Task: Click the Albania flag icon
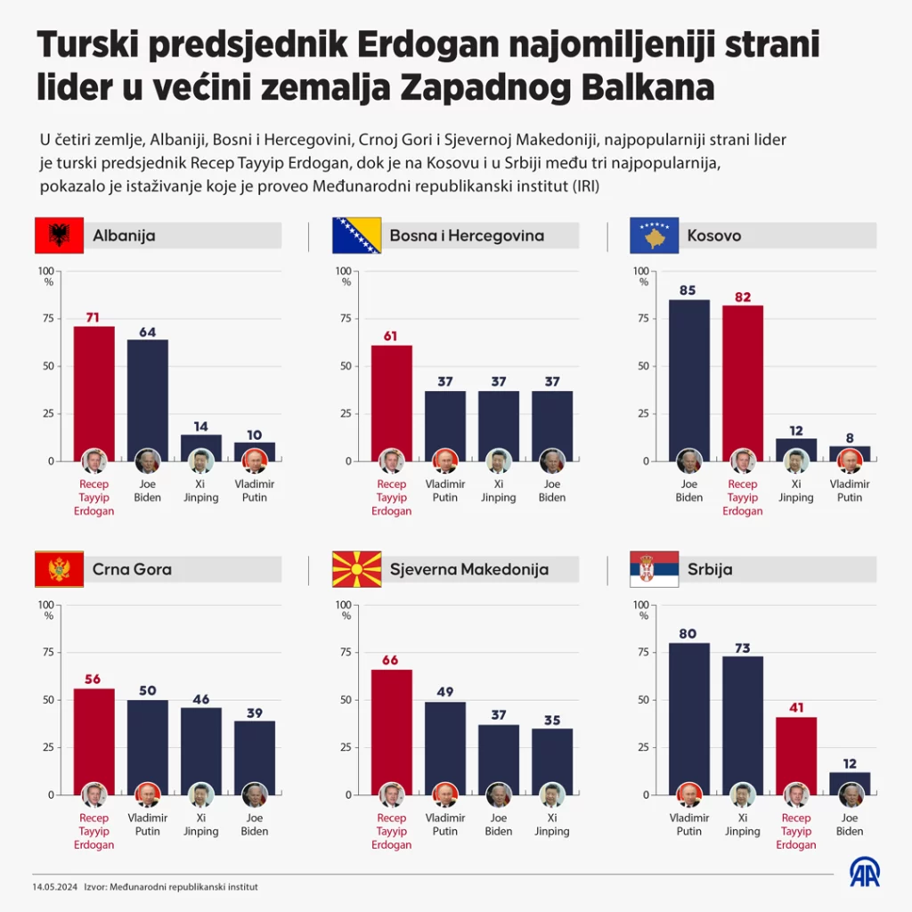[59, 235]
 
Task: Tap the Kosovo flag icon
[655, 235]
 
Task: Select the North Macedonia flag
[356, 569]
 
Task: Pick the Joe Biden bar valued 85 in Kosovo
[689, 374]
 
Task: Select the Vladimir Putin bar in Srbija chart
[689, 712]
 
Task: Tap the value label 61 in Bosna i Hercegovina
[392, 336]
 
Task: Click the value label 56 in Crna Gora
[94, 679]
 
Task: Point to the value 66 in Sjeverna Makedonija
[392, 660]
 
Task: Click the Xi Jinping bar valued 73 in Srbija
[743, 720]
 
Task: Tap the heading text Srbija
[710, 569]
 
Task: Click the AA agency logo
[863, 872]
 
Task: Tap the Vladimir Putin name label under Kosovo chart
[850, 491]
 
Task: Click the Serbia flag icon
[655, 569]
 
